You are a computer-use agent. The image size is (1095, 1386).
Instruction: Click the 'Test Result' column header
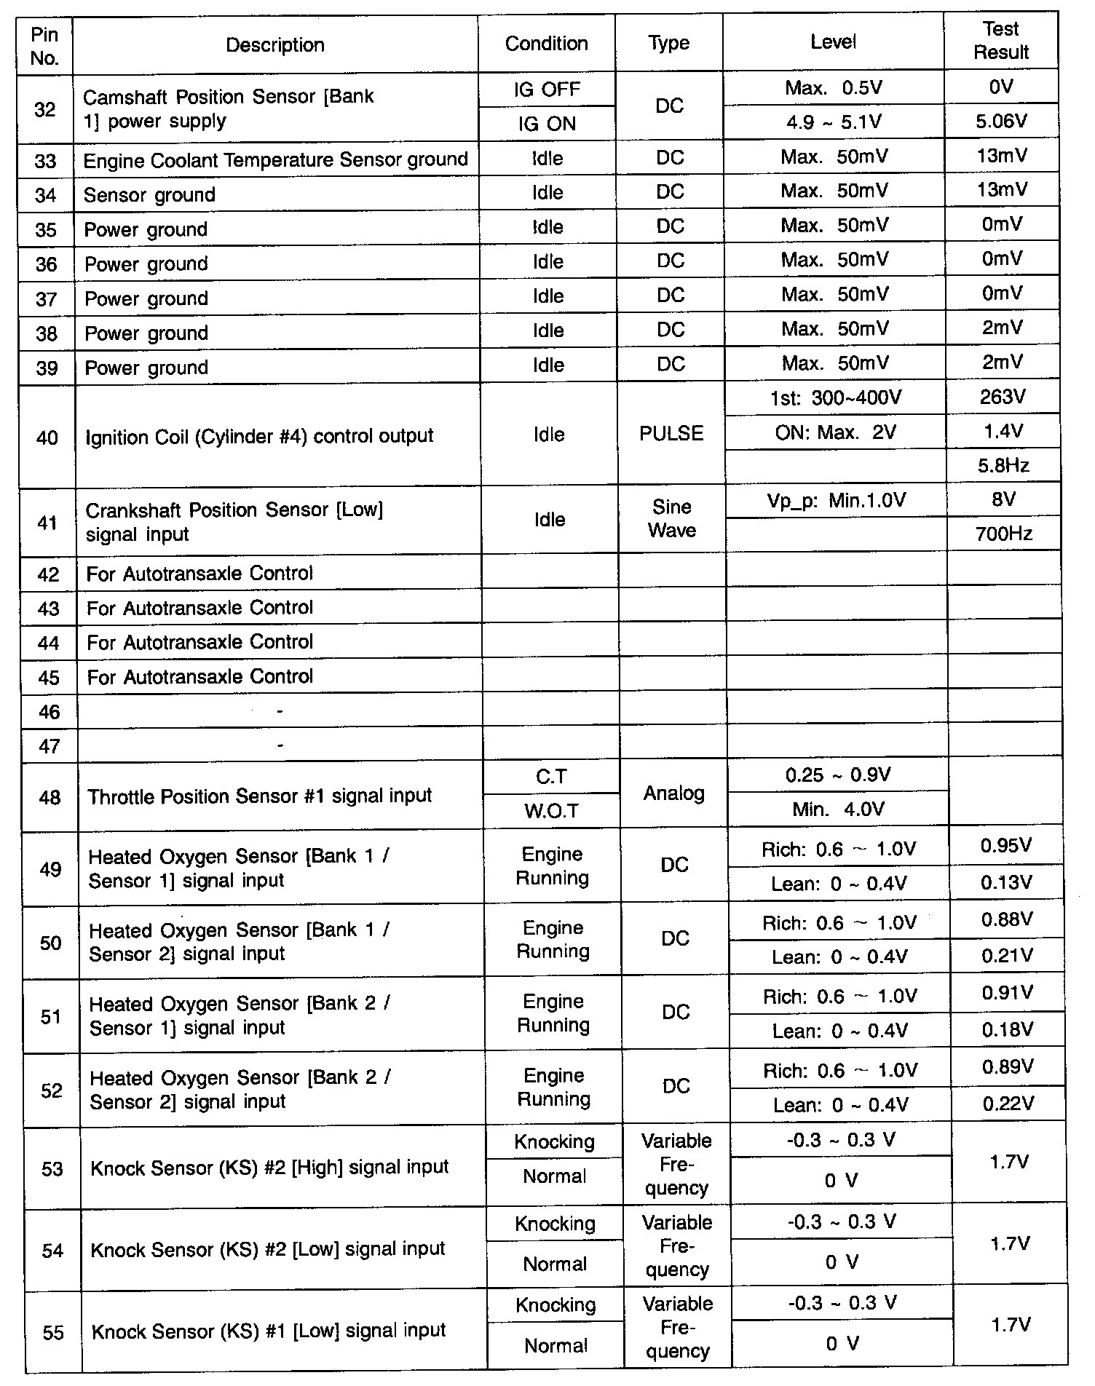coord(1000,41)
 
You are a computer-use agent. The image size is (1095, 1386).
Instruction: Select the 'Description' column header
coord(274,45)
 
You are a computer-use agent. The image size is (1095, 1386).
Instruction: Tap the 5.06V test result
coord(1001,122)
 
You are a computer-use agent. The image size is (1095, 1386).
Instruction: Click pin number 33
coord(45,160)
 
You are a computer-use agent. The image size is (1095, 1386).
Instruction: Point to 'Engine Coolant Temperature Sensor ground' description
coord(275,160)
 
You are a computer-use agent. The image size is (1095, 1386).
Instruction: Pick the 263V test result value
coord(1003,397)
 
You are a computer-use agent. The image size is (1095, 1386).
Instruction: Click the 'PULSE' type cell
coord(671,434)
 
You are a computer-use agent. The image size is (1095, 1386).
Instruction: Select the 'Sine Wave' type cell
coord(672,518)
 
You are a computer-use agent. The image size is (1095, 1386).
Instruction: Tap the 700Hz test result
coord(1003,534)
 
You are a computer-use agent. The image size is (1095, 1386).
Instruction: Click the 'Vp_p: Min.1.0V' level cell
coord(836,501)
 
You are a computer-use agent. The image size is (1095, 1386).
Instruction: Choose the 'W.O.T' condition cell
coord(551,811)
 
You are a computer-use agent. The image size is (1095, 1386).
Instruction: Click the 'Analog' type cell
coord(673,793)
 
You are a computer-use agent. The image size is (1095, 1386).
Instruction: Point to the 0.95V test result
coord(1005,846)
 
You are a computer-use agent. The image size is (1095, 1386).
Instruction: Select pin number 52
coord(51,1090)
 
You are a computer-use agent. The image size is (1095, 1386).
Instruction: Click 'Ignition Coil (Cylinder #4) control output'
coord(259,437)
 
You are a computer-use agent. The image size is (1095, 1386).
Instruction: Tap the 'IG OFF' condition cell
coord(547,90)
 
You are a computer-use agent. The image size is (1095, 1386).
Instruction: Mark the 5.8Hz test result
coord(1003,465)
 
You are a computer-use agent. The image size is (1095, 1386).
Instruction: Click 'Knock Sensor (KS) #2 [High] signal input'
coord(269,1168)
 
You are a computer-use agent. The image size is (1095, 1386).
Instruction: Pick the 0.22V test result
coord(1008,1104)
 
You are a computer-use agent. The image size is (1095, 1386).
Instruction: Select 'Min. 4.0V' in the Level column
coord(838,809)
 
